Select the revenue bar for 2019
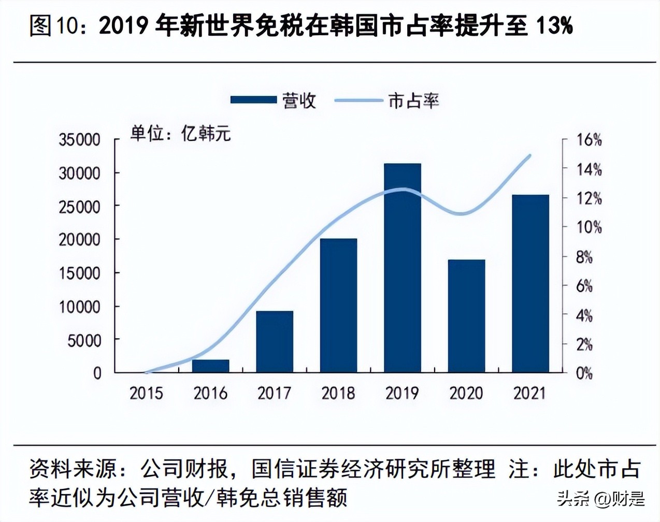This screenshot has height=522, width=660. tap(403, 268)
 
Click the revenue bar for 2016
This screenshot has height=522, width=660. tap(210, 366)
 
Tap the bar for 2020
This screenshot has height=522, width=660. tap(466, 316)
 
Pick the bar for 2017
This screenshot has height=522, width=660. tap(275, 341)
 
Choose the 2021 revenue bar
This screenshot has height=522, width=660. tap(530, 283)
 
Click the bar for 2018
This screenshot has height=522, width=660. tap(338, 305)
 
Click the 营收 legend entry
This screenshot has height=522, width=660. tap(273, 100)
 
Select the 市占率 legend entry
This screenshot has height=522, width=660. tap(387, 100)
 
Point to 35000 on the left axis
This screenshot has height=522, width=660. tap(79, 140)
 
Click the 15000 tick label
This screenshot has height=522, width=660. tap(79, 273)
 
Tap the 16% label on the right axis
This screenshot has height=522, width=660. tap(589, 140)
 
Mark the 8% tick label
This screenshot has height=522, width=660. tap(584, 257)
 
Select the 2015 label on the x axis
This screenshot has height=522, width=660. tap(146, 393)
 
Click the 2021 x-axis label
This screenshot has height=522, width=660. tap(530, 393)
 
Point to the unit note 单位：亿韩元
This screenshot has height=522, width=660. tap(180, 134)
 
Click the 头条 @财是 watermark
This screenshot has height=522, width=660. tap(601, 499)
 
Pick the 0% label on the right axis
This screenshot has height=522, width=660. tap(584, 373)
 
